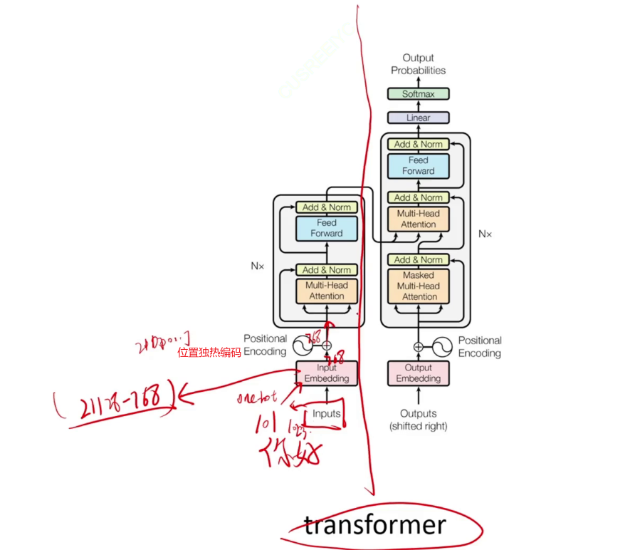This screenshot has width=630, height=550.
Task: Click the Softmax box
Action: pyautogui.click(x=418, y=94)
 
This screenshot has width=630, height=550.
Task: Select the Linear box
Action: pyautogui.click(x=418, y=118)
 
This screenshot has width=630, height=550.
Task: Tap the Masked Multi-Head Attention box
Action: pyautogui.click(x=419, y=286)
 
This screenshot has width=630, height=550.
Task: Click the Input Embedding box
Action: pyautogui.click(x=327, y=373)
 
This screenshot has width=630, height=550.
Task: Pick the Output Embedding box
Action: pyautogui.click(x=418, y=373)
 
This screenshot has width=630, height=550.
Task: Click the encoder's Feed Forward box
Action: pyautogui.click(x=327, y=228)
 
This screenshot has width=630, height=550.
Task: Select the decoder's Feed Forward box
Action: pyautogui.click(x=418, y=166)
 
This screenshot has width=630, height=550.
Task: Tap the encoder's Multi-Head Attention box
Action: pyautogui.click(x=327, y=291)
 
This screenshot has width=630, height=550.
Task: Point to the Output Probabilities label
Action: pyautogui.click(x=418, y=64)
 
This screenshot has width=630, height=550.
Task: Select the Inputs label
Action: pyautogui.click(x=327, y=414)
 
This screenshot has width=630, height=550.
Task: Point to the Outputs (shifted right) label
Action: pyautogui.click(x=418, y=420)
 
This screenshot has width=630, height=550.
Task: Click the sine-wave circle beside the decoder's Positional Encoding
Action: pyautogui.click(x=442, y=347)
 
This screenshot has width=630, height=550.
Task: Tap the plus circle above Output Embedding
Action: pyautogui.click(x=418, y=347)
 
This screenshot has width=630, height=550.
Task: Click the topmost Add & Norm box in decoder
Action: pyautogui.click(x=418, y=144)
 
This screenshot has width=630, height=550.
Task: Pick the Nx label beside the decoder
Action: pyautogui.click(x=485, y=234)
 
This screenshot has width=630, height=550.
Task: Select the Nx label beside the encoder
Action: pyautogui.click(x=257, y=266)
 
